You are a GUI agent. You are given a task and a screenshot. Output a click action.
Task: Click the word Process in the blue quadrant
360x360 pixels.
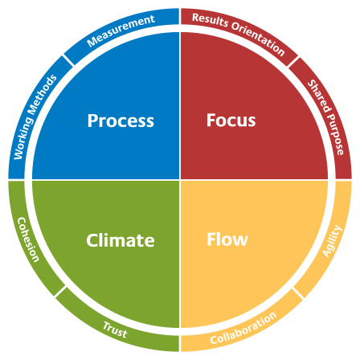(x=121, y=121)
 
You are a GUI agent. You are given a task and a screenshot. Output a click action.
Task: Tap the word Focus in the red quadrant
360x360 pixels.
(x=231, y=121)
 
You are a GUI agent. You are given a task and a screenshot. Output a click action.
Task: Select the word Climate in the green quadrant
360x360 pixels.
(x=121, y=240)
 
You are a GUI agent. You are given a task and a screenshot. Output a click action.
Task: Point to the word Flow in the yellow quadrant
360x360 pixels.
(x=227, y=239)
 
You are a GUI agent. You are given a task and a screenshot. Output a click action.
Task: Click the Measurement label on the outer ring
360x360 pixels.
(x=121, y=31)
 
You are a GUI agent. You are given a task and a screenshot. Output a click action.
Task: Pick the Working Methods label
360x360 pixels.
(x=35, y=117)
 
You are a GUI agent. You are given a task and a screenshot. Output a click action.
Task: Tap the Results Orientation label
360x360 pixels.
(x=239, y=34)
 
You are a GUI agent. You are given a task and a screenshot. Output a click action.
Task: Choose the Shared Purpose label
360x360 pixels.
(x=325, y=117)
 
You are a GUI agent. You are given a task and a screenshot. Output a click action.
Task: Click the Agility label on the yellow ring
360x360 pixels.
(x=332, y=241)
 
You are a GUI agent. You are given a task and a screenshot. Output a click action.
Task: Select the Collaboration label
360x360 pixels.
(x=243, y=328)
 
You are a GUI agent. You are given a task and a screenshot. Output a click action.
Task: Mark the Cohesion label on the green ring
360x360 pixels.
(x=28, y=239)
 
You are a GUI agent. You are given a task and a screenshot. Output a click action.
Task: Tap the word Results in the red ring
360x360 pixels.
(x=211, y=20)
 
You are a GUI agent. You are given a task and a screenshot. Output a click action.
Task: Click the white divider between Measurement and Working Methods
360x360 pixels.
(x=68, y=60)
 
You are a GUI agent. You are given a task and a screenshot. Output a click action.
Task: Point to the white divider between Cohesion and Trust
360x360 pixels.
(x=60, y=292)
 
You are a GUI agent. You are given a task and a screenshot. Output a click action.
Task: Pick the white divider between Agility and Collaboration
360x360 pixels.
(x=299, y=293)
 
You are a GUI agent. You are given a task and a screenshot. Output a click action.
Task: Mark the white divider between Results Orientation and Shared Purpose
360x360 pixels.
(x=293, y=62)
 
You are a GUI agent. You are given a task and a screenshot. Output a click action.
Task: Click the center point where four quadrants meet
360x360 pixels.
(x=180, y=180)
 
